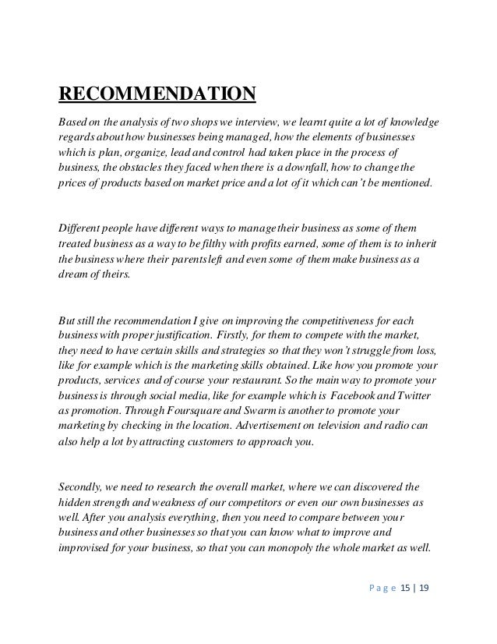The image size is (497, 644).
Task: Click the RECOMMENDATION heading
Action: tap(157, 96)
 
